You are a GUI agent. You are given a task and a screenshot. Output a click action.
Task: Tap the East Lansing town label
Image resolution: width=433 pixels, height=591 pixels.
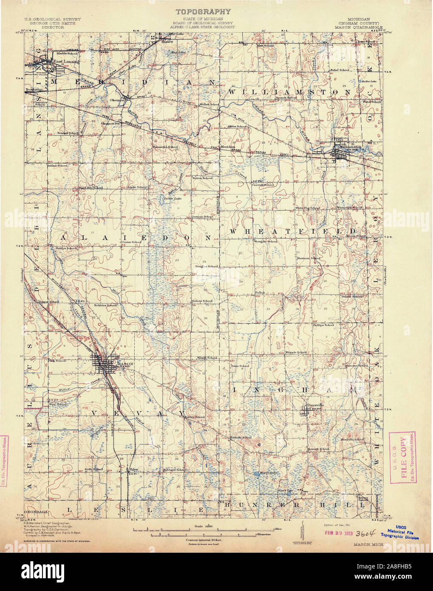click(x=64, y=61)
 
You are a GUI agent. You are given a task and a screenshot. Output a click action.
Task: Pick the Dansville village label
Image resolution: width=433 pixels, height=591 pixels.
click(x=315, y=405)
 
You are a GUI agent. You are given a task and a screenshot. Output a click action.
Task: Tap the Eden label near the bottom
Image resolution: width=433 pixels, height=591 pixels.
click(x=135, y=469)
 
